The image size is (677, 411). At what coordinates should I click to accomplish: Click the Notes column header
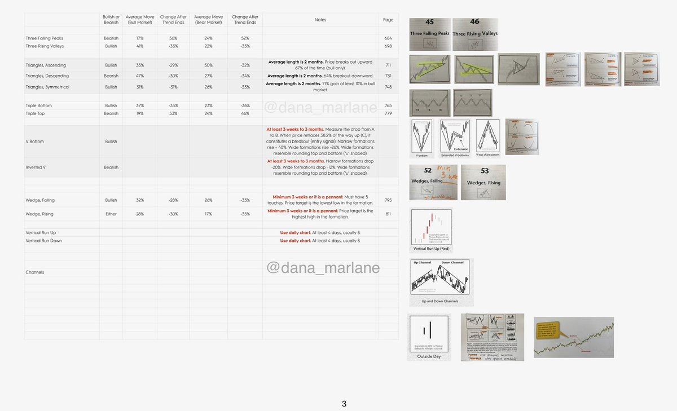320,20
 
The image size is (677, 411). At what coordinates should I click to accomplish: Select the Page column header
388,20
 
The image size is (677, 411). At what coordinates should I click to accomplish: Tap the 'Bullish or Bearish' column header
111,20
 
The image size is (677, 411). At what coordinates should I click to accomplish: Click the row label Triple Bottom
39,105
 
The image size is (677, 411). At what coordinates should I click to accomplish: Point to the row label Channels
35,272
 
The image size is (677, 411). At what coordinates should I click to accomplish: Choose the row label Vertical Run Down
44,241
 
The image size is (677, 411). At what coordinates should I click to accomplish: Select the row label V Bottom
34,142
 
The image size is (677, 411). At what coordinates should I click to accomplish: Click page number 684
388,38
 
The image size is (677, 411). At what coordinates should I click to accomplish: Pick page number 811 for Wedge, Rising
388,214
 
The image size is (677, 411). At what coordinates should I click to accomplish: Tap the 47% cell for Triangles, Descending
140,76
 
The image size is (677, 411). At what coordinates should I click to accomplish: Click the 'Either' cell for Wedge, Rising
111,214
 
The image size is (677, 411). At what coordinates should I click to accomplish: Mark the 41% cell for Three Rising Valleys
140,46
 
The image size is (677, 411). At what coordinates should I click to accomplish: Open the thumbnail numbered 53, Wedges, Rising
483,182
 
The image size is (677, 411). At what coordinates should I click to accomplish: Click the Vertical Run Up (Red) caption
432,249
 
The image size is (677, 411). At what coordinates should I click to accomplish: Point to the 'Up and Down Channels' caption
441,301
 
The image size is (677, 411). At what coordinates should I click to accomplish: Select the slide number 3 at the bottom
345,404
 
